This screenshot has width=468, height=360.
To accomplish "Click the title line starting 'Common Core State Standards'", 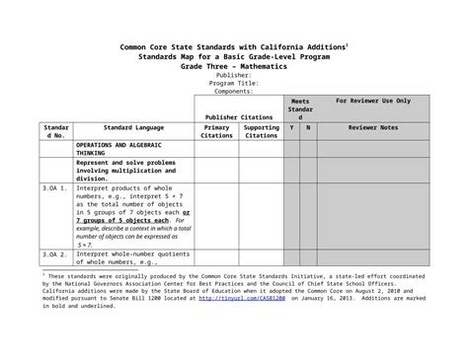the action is [x=233, y=47].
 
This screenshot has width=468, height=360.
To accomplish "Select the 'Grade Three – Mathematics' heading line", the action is [x=233, y=65].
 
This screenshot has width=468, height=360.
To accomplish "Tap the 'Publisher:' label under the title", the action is [x=233, y=74].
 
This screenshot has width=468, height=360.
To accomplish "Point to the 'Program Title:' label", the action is [x=233, y=83].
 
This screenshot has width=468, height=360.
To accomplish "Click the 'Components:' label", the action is [x=233, y=91].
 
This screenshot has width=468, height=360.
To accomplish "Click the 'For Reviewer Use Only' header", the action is [x=373, y=102].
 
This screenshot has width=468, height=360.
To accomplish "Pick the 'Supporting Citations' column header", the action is [x=261, y=132].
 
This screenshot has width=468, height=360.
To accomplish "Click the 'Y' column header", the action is [x=292, y=128].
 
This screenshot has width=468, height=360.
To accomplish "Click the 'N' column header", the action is [x=308, y=128].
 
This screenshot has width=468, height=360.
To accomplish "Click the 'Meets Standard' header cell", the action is [x=300, y=109].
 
